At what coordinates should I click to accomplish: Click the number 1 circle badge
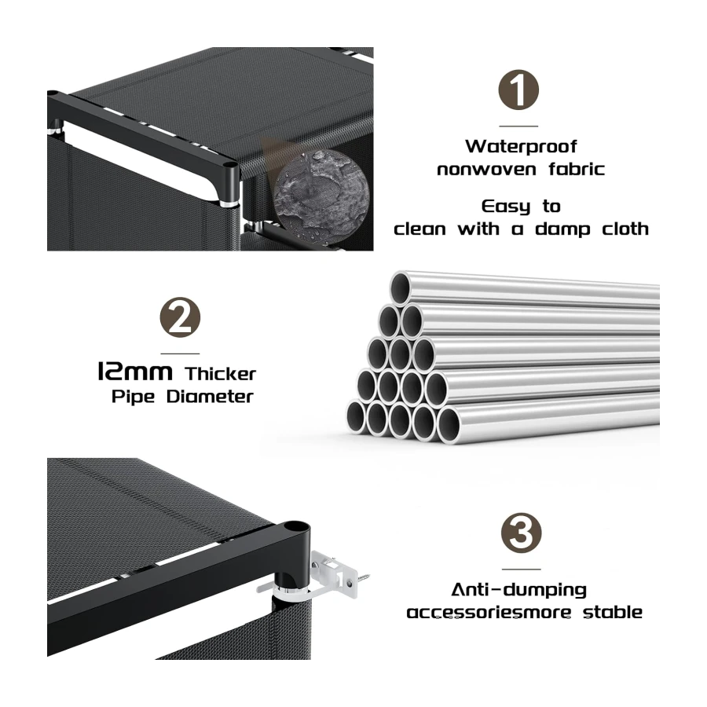click(x=518, y=90)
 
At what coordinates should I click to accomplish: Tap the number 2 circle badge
click(x=180, y=317)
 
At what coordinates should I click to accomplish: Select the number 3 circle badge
click(x=522, y=533)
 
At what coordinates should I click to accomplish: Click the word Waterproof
click(x=521, y=147)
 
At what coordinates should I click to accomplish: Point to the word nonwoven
click(x=486, y=170)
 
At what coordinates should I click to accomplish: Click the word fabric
click(x=577, y=169)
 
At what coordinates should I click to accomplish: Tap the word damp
click(x=562, y=229)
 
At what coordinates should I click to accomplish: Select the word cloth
click(x=625, y=229)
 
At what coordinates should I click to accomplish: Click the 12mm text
click(x=135, y=372)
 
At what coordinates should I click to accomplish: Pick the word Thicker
click(x=220, y=374)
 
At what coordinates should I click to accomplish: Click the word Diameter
click(x=210, y=397)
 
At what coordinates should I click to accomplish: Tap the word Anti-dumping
click(x=519, y=590)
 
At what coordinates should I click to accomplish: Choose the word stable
click(x=613, y=612)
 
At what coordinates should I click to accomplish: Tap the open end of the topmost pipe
click(x=400, y=288)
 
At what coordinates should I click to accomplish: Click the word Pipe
click(x=133, y=397)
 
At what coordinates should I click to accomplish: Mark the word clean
click(x=419, y=229)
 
